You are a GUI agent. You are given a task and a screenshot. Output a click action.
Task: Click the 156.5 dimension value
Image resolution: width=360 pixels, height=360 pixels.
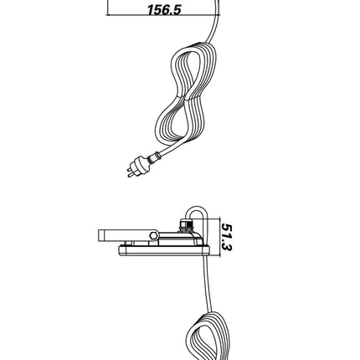click(164, 9)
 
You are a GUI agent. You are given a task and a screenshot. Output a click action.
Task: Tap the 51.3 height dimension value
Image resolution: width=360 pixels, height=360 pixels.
click(226, 237)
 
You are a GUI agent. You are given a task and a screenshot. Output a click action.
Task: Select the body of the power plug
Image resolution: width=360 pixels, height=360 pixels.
click(141, 164)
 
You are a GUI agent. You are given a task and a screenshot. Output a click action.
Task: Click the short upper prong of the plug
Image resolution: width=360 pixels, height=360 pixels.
click(129, 169)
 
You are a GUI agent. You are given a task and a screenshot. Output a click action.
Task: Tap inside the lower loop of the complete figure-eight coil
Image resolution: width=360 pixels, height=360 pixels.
click(177, 120)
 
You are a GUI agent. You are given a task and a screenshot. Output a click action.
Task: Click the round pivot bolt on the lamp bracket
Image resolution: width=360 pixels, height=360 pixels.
click(153, 235)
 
